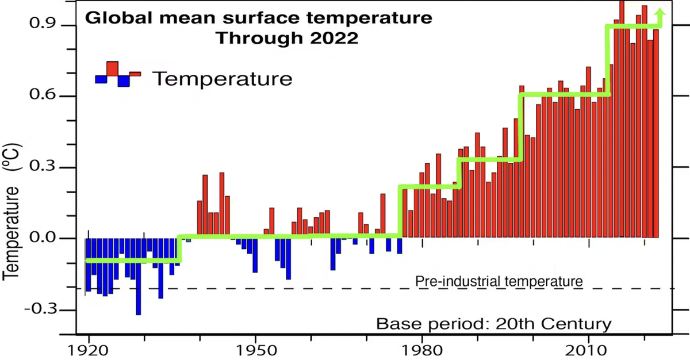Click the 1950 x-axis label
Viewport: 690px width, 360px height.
(x=255, y=350)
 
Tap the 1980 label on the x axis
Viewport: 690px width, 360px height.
(x=422, y=350)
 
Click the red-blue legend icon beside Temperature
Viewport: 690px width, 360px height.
(x=118, y=74)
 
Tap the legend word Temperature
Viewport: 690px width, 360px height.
(x=223, y=78)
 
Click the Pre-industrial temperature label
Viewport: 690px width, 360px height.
(x=499, y=282)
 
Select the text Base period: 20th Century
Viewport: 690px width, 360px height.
(x=493, y=324)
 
